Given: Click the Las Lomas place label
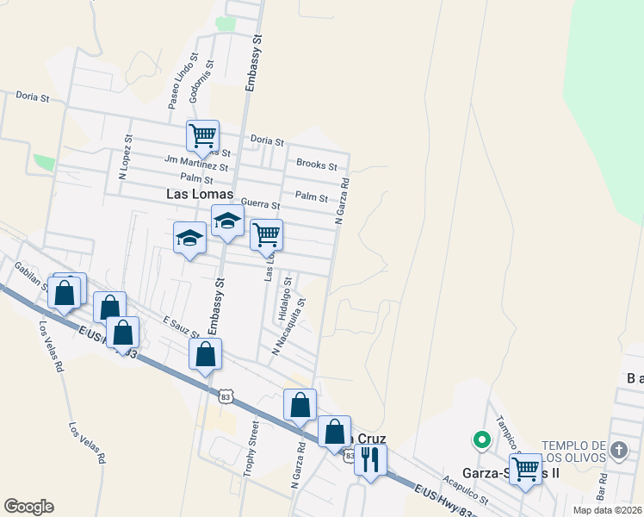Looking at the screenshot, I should click(x=200, y=196).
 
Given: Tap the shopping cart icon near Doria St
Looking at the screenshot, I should click(x=202, y=135).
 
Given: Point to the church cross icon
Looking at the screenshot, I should click(x=618, y=450).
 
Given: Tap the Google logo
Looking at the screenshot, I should click(x=28, y=507).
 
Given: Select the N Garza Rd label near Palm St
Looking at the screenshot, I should click(x=342, y=202).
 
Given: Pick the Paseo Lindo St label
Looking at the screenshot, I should click(x=183, y=82).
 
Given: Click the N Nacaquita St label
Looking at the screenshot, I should click(x=289, y=327).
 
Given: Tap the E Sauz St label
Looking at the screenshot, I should click(x=182, y=328).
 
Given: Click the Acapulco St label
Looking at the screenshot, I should click(x=465, y=488).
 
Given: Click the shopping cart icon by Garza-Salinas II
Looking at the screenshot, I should click(x=524, y=469).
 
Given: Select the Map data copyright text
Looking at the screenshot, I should click(x=608, y=510).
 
